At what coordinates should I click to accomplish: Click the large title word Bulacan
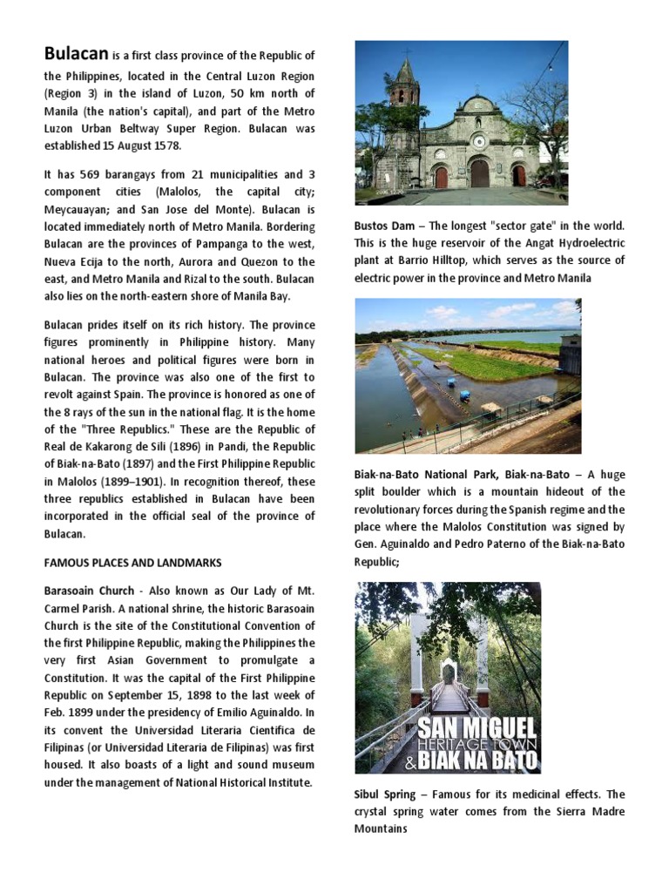(77, 54)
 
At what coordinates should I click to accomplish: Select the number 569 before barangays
(91, 174)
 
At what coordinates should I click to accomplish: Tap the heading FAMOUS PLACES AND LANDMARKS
(133, 563)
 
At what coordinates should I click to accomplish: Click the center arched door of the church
(479, 172)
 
